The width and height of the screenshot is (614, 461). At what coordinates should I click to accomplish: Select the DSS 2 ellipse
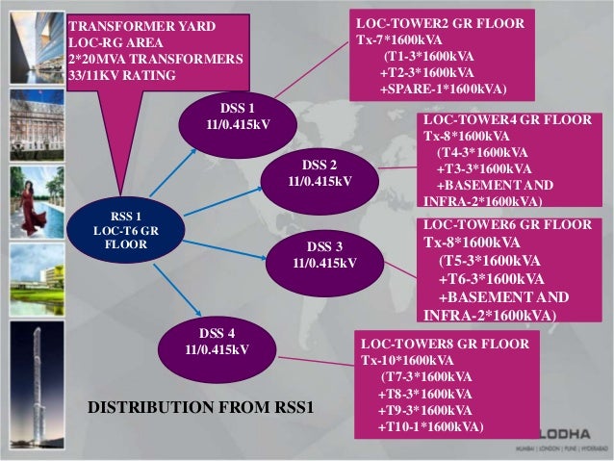319,171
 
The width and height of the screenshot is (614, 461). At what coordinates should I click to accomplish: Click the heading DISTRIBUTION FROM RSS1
201,408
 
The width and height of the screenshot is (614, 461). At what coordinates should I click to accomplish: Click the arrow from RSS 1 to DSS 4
167,290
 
